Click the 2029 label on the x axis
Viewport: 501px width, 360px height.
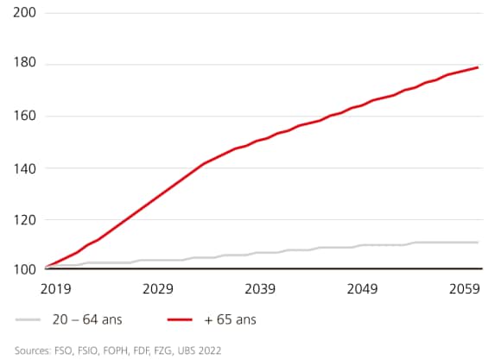[158, 288]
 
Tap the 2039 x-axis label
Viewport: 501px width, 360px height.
[260, 288]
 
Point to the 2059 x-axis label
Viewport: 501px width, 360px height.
[464, 288]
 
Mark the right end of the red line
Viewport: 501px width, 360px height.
[478, 67]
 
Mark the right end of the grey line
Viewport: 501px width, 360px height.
[478, 243]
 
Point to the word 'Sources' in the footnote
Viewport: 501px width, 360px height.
[33, 351]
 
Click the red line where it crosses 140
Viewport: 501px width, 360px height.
[202, 165]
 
